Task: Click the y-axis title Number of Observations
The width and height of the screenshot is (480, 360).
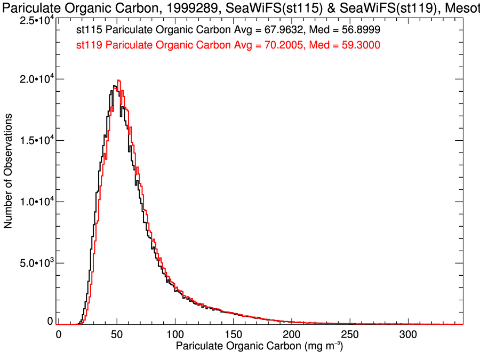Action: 9,172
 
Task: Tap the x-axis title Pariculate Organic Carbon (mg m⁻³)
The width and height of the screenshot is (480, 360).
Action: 260,347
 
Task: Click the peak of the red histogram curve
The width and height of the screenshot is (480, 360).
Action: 118,81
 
